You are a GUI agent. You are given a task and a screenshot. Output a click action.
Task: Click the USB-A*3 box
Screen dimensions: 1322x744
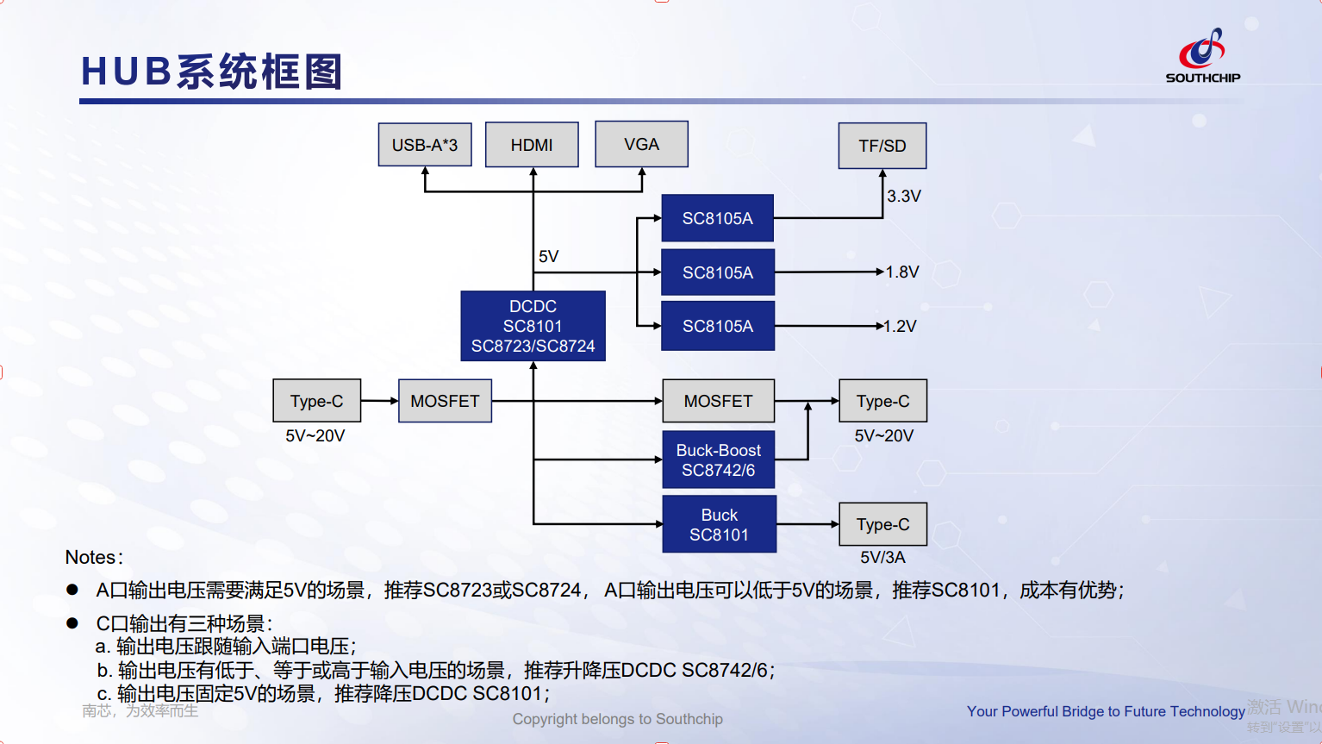tap(425, 145)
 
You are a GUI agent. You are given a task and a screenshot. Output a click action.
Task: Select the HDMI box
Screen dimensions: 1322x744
tap(532, 145)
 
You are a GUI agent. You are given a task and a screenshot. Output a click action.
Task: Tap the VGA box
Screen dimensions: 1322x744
tap(641, 144)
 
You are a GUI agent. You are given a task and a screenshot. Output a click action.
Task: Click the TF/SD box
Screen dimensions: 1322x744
tap(882, 146)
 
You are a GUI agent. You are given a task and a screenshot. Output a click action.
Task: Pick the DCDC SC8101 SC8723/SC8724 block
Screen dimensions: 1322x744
tap(533, 326)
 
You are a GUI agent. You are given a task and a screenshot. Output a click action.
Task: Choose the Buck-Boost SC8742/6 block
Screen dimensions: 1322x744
tap(718, 460)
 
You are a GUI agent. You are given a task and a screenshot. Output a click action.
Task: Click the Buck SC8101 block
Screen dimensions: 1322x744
tap(719, 524)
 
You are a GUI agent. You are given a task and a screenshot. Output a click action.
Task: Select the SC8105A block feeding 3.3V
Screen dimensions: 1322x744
tap(717, 218)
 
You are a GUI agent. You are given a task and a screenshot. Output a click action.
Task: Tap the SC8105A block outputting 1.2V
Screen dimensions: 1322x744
tap(718, 326)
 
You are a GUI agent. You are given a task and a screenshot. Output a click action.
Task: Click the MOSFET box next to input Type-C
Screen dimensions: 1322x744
tap(445, 401)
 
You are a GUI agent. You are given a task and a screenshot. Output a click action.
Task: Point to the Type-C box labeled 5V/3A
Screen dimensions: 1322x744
tap(882, 524)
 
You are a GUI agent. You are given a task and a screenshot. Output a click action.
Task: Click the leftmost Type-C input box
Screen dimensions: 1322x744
tap(317, 401)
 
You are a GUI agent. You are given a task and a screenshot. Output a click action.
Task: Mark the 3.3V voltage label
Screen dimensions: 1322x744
tap(903, 196)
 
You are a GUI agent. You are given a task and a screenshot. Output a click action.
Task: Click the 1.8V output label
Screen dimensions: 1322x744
tap(901, 272)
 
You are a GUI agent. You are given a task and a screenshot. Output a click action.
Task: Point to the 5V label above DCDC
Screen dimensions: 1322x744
tap(548, 256)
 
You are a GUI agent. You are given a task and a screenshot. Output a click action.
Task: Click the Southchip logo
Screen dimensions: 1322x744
tap(1203, 55)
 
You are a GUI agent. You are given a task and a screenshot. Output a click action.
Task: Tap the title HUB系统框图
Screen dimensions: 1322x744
tap(211, 72)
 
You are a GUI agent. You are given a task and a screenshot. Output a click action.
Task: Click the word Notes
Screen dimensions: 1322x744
tap(90, 557)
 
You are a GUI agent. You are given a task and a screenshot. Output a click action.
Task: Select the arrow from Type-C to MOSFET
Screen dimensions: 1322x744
tap(379, 401)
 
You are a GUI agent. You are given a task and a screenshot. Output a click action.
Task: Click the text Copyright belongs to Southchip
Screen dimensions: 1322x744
tap(617, 719)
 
